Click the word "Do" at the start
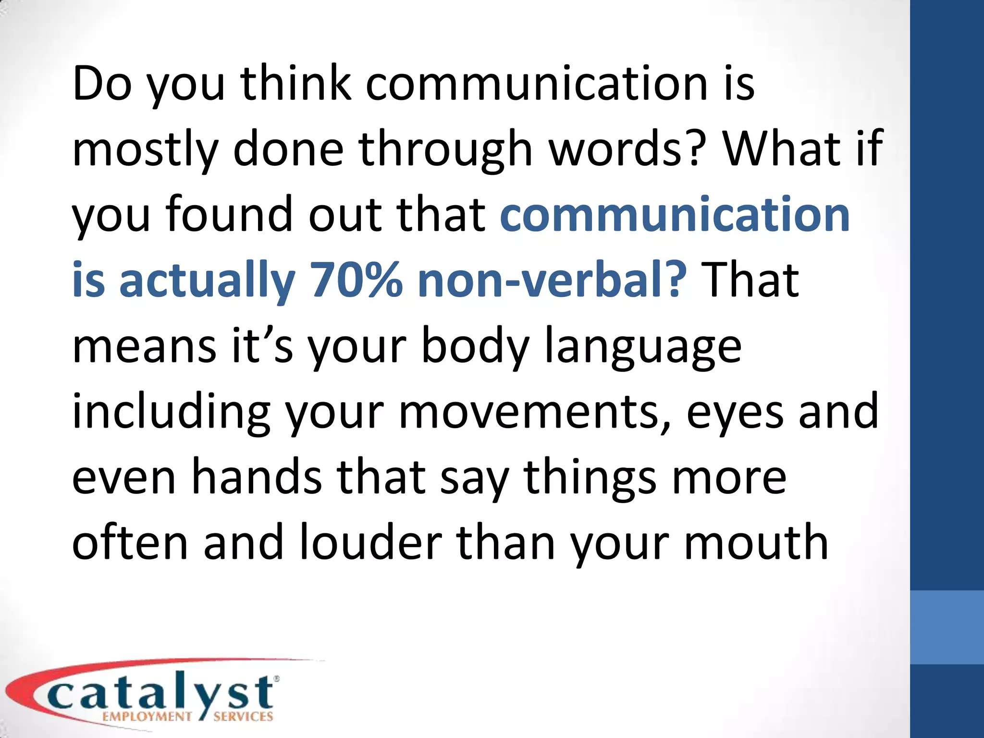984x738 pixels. pos(102,84)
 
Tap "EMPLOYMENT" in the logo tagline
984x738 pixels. pos(147,717)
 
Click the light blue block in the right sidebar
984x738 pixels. pos(947,627)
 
